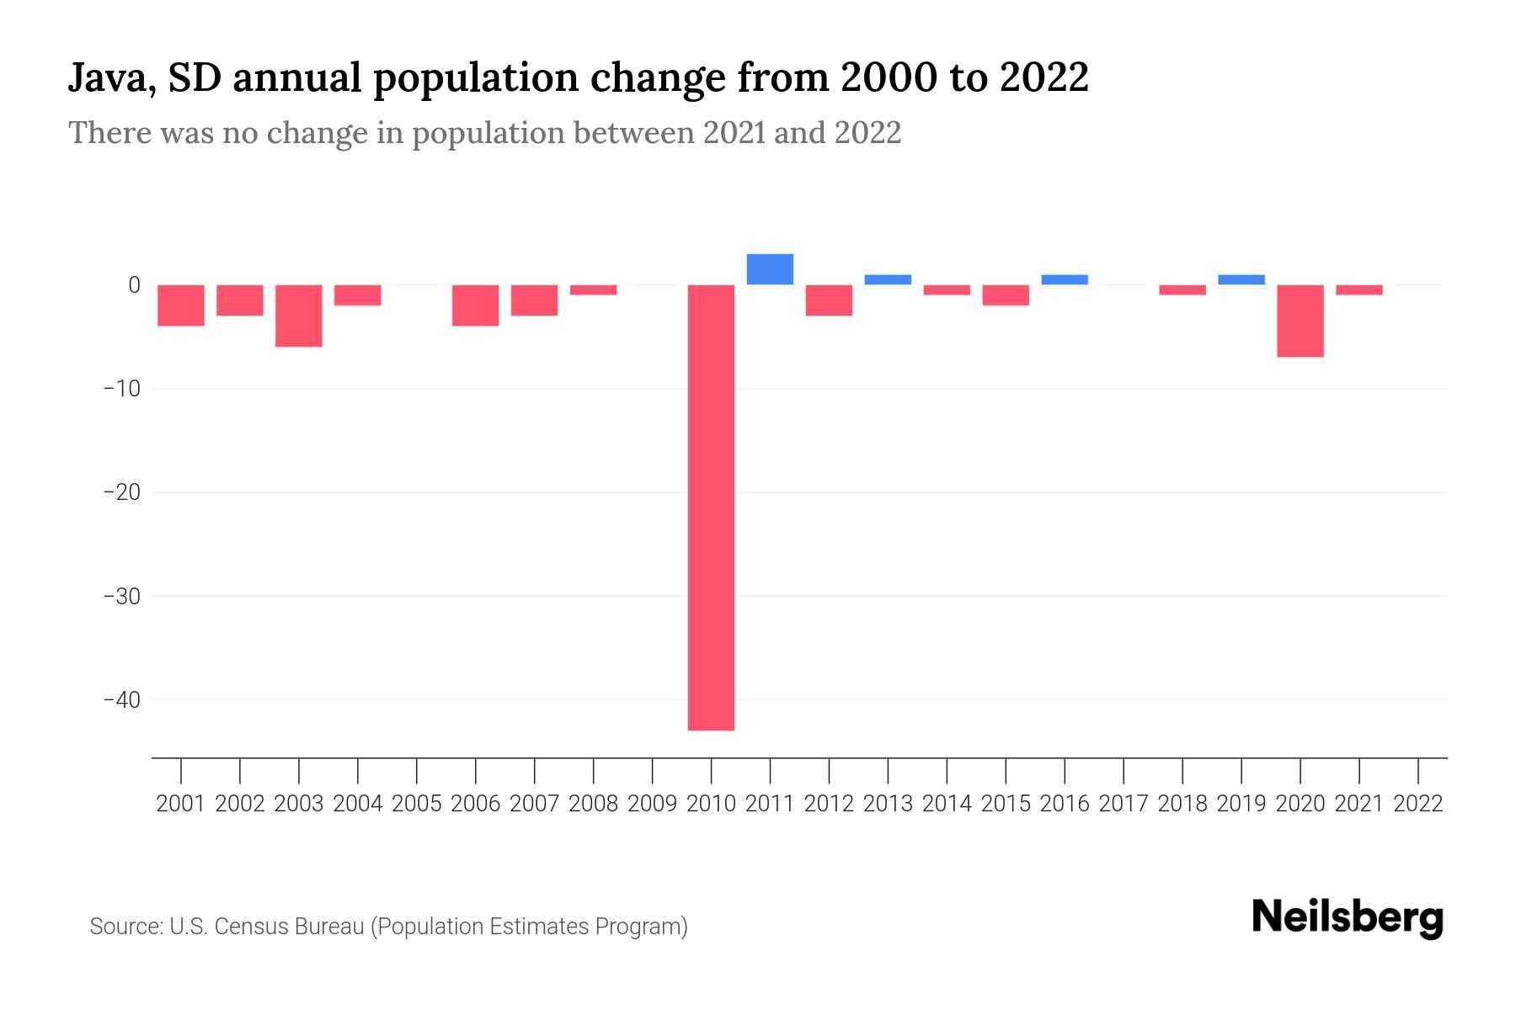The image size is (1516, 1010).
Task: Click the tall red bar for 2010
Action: pyautogui.click(x=711, y=507)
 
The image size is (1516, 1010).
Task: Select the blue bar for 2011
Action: pyautogui.click(x=770, y=269)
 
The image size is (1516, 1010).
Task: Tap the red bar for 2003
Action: pyautogui.click(x=299, y=316)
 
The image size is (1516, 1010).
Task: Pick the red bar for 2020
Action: pyautogui.click(x=1300, y=321)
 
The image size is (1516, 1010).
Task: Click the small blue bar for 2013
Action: pyautogui.click(x=888, y=279)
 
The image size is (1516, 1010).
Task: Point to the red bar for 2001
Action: pyautogui.click(x=181, y=306)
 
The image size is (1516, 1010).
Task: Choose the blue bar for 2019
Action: pyautogui.click(x=1241, y=279)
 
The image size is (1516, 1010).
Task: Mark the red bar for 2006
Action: pyautogui.click(x=475, y=306)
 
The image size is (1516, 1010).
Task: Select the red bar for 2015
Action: pyautogui.click(x=1005, y=295)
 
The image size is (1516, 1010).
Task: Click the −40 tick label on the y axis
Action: pyautogui.click(x=121, y=700)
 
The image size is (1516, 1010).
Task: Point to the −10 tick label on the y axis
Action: pyautogui.click(x=121, y=389)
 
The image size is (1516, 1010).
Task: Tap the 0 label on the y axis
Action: pyautogui.click(x=134, y=285)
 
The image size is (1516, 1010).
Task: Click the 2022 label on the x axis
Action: pyautogui.click(x=1418, y=804)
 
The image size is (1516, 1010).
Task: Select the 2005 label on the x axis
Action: pyautogui.click(x=417, y=804)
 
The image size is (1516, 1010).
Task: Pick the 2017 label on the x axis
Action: pyautogui.click(x=1124, y=804)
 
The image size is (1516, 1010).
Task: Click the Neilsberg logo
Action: pyautogui.click(x=1347, y=918)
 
